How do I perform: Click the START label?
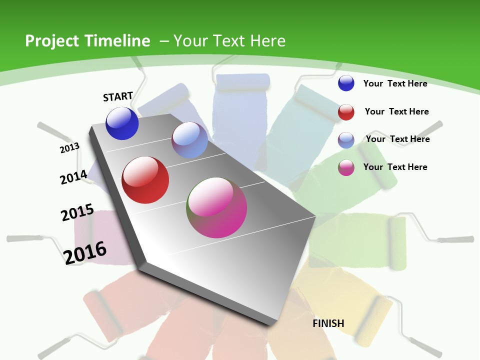point(118,96)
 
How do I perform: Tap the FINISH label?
point(328,323)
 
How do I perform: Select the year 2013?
point(69,147)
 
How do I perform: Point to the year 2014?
point(73,177)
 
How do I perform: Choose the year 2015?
point(77,212)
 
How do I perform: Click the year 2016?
point(85,252)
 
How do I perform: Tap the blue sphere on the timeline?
point(122,123)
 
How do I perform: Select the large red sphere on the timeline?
point(145,180)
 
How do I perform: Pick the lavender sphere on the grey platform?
point(189,140)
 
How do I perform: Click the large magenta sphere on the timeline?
point(217,207)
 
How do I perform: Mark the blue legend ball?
point(346,83)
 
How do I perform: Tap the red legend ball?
point(346,112)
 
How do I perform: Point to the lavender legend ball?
point(346,139)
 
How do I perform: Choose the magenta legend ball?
point(346,167)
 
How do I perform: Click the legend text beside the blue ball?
point(395,83)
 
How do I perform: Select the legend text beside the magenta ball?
point(395,167)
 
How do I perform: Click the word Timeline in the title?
point(115,41)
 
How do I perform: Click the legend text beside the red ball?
point(396,111)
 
